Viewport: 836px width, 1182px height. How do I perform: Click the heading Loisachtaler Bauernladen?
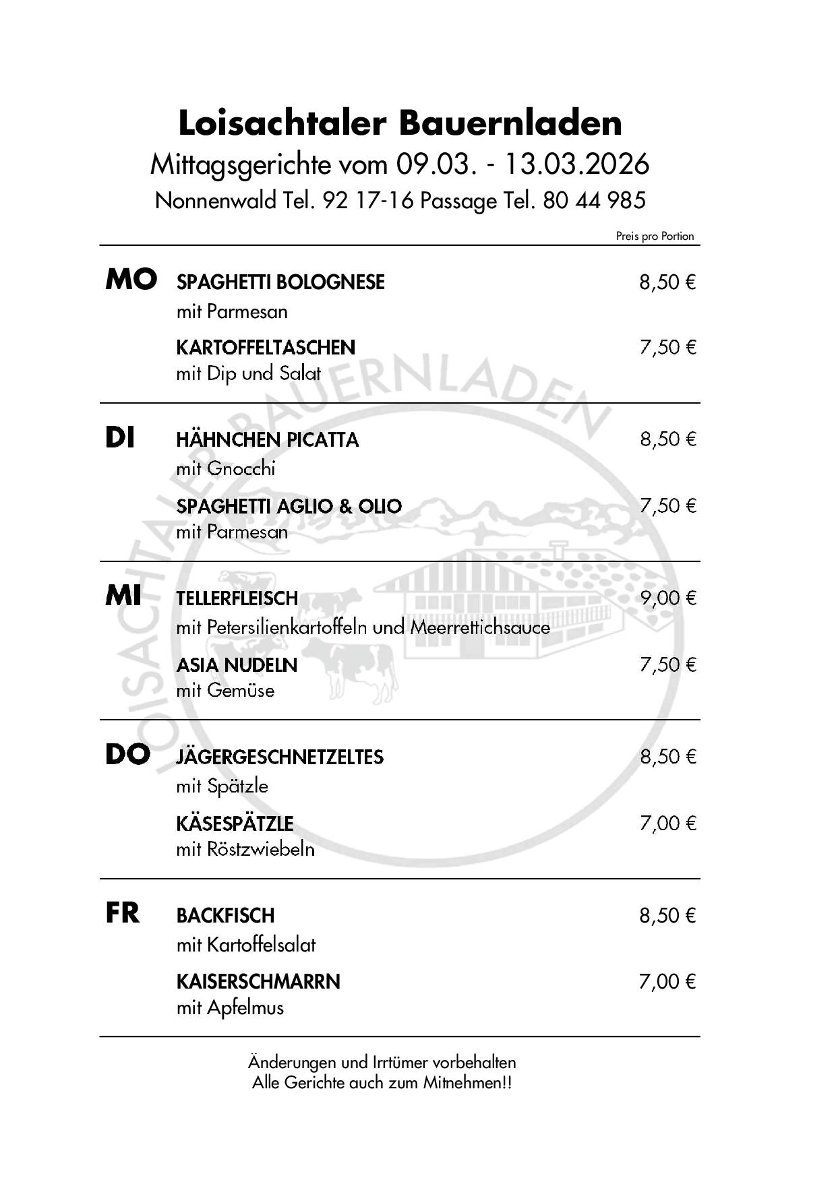click(x=400, y=123)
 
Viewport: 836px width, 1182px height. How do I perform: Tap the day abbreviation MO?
click(x=131, y=279)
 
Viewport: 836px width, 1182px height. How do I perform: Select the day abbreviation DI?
click(x=120, y=439)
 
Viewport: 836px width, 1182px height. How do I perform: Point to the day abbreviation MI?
click(x=123, y=596)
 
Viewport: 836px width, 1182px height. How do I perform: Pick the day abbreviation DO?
click(x=127, y=755)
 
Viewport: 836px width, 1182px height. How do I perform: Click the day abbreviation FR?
click(x=123, y=914)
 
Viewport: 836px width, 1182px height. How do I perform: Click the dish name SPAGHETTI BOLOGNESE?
click(x=280, y=282)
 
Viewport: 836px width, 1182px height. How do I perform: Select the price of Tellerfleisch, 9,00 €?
click(x=667, y=598)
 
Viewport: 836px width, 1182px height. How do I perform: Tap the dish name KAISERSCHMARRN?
click(x=258, y=981)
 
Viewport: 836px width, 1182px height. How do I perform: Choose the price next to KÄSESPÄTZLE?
click(x=667, y=823)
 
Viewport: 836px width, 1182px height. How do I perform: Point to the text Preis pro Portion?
click(x=655, y=236)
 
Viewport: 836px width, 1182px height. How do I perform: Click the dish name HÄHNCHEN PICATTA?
click(x=268, y=440)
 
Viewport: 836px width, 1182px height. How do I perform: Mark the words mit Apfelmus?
click(x=230, y=1008)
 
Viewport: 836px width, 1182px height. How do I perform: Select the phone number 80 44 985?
click(x=594, y=200)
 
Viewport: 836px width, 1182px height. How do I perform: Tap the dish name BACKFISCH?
click(x=225, y=916)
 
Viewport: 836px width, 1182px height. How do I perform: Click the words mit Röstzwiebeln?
click(x=245, y=849)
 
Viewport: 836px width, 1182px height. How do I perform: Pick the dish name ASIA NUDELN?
click(x=237, y=665)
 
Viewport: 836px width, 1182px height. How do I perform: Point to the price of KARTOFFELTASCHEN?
click(x=667, y=348)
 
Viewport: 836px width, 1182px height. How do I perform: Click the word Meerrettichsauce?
click(x=480, y=627)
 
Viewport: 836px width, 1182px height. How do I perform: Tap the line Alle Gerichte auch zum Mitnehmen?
click(x=382, y=1083)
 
